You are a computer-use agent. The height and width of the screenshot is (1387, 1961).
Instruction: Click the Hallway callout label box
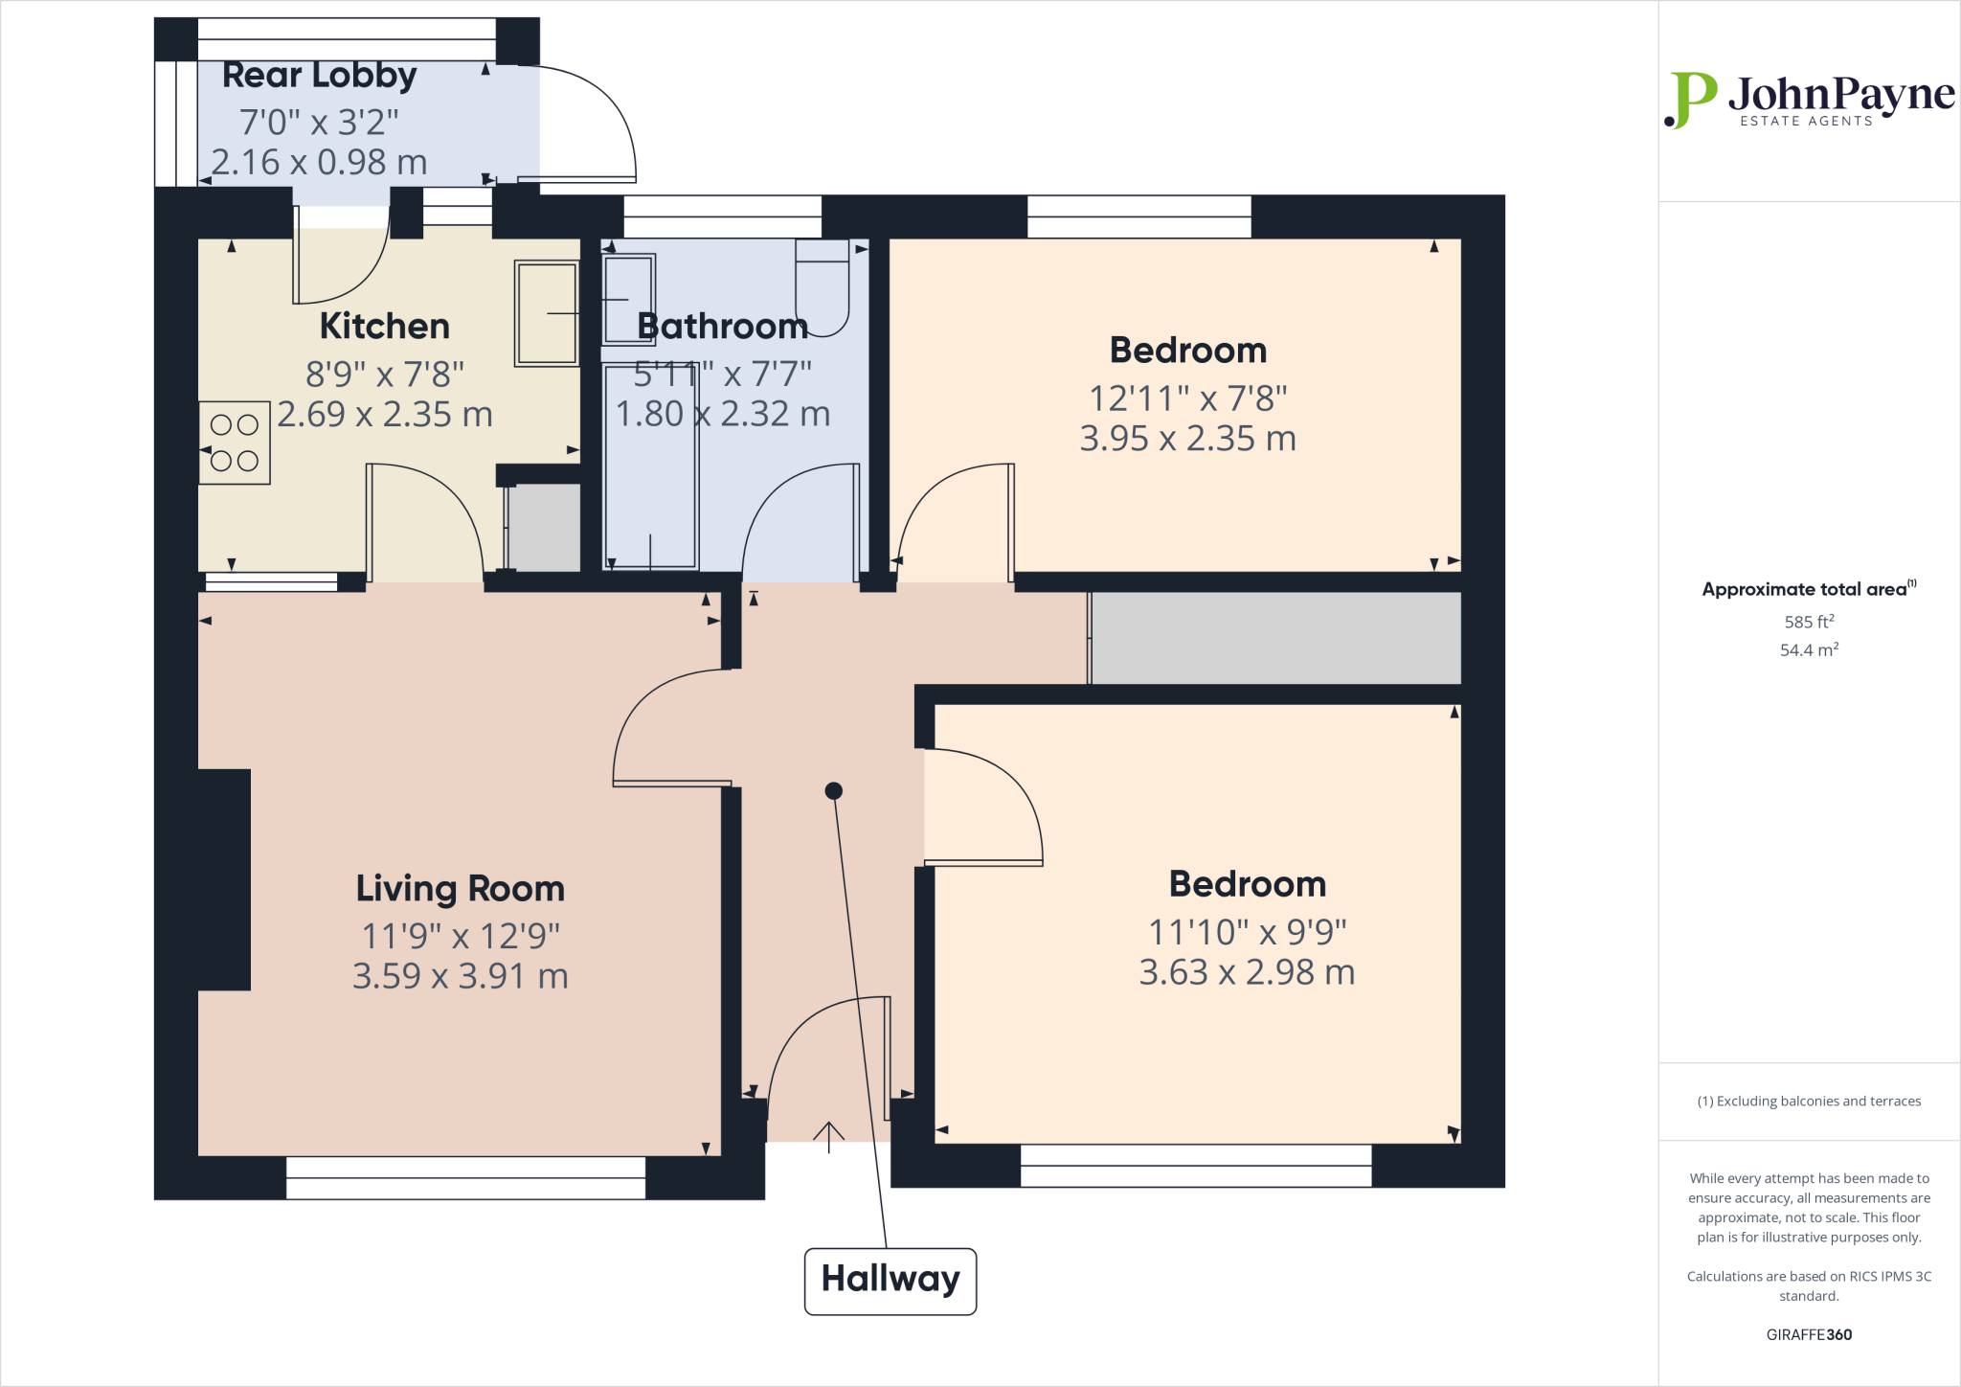click(890, 1281)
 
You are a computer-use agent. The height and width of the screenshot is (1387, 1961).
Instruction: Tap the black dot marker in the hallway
click(833, 790)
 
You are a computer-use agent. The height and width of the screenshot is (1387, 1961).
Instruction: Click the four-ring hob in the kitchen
click(235, 443)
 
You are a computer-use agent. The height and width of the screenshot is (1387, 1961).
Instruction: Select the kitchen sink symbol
click(547, 313)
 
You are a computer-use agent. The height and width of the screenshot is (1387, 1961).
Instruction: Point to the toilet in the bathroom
click(823, 287)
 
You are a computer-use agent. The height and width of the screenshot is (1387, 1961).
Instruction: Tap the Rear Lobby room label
click(319, 75)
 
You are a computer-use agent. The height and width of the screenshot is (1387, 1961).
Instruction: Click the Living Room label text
click(460, 888)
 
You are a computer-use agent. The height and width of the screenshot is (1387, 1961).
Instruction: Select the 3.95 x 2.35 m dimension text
click(1187, 438)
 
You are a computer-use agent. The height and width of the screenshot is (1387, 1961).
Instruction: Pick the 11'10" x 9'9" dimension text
click(1247, 930)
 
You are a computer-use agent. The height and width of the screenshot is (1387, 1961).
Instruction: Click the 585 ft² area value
click(1809, 622)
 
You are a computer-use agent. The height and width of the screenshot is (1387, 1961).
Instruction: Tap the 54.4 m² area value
click(1809, 649)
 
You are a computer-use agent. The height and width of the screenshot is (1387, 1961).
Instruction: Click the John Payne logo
click(1808, 100)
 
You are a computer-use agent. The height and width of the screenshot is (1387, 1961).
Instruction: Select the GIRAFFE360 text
click(1809, 1334)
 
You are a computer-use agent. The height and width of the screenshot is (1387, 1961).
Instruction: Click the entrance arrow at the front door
click(828, 1136)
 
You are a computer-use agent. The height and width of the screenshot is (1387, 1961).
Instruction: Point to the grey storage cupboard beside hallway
click(1275, 638)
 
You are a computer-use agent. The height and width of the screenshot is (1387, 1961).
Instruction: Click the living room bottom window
click(465, 1178)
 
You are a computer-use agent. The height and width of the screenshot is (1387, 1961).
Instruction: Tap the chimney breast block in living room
click(224, 879)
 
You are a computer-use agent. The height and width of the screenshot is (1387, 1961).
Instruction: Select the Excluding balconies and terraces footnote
click(1809, 1101)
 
